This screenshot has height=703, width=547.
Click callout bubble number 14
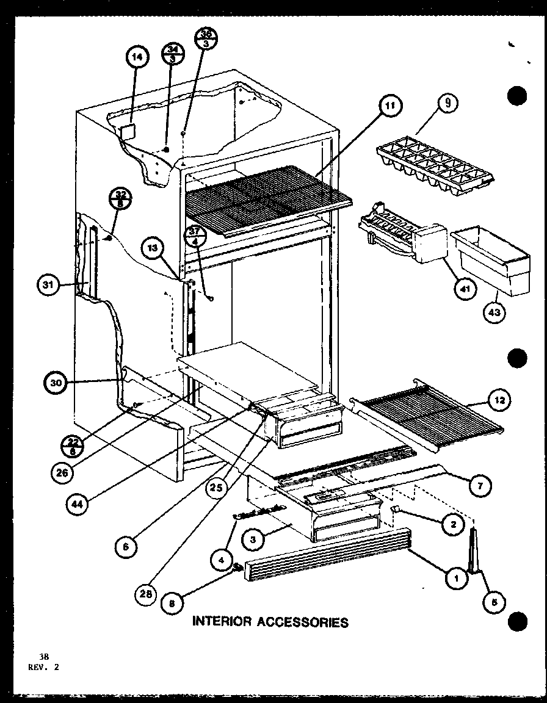[137, 58]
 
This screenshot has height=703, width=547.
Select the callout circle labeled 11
[389, 106]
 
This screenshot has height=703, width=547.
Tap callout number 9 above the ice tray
[447, 103]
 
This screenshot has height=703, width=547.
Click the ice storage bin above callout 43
[491, 260]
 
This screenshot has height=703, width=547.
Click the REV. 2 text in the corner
[44, 667]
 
